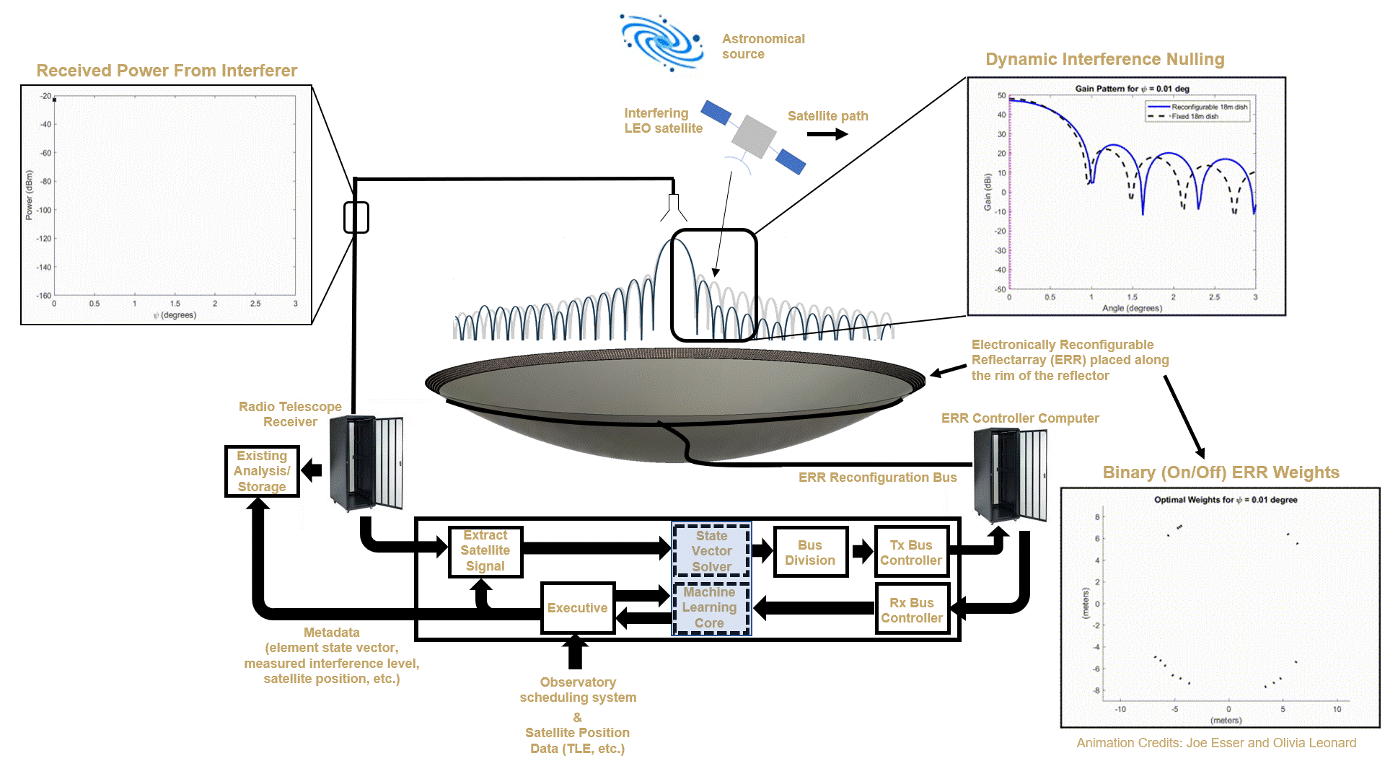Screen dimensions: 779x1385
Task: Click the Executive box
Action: pos(577,608)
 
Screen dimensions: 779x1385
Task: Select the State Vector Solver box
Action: pos(711,551)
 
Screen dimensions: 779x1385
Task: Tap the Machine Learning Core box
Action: pos(710,607)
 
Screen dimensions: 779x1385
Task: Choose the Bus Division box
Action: pos(810,553)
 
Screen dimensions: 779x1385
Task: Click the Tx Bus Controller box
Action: pos(911,553)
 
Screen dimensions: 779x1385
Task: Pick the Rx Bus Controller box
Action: pos(912,610)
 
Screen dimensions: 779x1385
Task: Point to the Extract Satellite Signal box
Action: pos(485,551)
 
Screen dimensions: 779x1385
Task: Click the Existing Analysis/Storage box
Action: pos(262,471)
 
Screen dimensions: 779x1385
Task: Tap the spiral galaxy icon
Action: pos(662,42)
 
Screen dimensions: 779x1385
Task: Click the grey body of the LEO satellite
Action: pos(753,135)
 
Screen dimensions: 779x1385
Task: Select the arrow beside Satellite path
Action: pos(827,134)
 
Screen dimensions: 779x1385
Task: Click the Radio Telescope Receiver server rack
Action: pos(366,462)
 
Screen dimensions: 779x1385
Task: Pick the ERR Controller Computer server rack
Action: pos(1010,475)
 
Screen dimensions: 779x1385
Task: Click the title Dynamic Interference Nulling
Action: pos(1104,59)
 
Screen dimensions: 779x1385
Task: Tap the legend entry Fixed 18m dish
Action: pos(1195,116)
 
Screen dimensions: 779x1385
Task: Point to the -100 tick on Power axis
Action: pos(45,210)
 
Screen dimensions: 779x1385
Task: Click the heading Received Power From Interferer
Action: pos(167,71)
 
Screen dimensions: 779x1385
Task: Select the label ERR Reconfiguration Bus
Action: pos(877,477)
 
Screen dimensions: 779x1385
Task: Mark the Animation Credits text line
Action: pos(1216,743)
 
